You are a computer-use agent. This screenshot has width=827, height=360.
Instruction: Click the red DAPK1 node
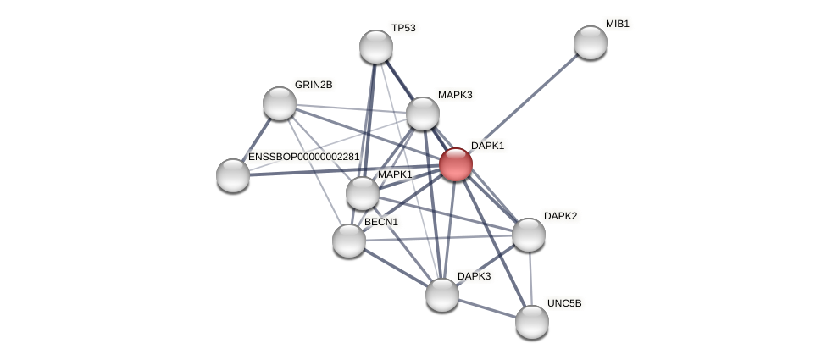[x=455, y=164]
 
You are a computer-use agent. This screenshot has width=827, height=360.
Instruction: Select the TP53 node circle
[x=376, y=47]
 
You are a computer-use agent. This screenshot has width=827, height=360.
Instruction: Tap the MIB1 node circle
[x=591, y=42]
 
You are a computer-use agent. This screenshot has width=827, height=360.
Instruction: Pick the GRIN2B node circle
[x=280, y=103]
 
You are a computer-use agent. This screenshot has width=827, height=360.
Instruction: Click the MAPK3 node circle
[x=423, y=114]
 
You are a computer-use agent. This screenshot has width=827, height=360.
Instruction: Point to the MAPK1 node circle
[x=363, y=193]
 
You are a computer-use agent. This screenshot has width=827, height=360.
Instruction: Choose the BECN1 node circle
[x=349, y=241]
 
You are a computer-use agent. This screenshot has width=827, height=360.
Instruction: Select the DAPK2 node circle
[x=529, y=235]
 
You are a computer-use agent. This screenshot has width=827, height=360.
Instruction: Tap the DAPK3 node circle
[x=442, y=295]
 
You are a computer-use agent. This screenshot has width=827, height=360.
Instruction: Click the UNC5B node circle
[x=532, y=322]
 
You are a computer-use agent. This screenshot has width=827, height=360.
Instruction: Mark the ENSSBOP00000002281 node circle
[x=233, y=175]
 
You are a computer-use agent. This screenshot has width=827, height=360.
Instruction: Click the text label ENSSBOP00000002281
[x=303, y=157]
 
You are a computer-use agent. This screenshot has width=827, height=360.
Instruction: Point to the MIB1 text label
[x=617, y=24]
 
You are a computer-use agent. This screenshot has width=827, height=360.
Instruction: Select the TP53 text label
[x=403, y=28]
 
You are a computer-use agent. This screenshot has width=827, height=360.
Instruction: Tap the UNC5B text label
[x=564, y=303]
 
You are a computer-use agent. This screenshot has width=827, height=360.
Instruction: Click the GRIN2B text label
[x=314, y=85]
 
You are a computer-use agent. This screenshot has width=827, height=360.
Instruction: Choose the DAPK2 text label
[x=560, y=216]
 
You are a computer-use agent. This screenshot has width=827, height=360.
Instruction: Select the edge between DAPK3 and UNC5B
[x=487, y=308]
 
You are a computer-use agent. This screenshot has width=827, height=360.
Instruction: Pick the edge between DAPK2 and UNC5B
[x=530, y=278]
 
